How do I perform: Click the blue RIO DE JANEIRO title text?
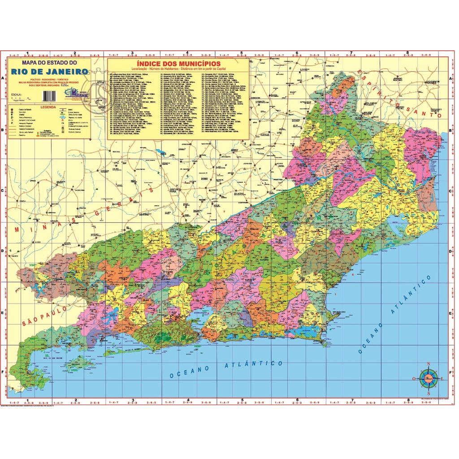pos(49,72)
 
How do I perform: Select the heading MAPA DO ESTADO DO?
pos(49,63)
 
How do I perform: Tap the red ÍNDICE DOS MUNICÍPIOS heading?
pos(178,64)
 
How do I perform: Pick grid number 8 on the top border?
pos(407,52)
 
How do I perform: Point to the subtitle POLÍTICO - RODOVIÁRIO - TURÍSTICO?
pos(49,79)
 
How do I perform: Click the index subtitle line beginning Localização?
pos(178,69)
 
